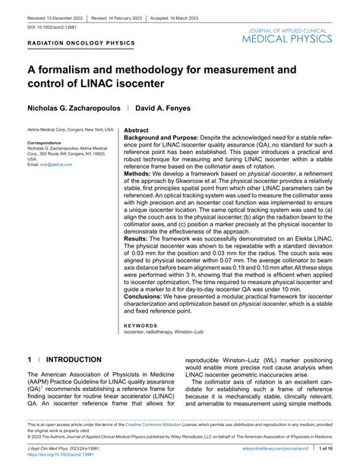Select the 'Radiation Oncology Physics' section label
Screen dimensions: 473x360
81,44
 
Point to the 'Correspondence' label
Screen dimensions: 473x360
46,143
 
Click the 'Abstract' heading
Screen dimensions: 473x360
136,131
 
